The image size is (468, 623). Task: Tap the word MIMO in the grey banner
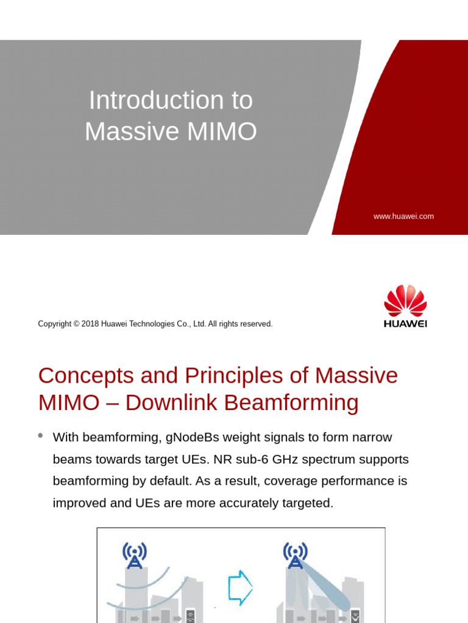pyautogui.click(x=225, y=131)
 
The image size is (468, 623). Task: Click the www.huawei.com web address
pyautogui.click(x=403, y=216)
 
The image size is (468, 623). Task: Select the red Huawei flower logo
pyautogui.click(x=405, y=301)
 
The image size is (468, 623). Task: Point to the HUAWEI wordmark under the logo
pyautogui.click(x=405, y=324)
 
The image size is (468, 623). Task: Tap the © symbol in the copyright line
pyautogui.click(x=77, y=324)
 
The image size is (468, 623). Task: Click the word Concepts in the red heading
pyautogui.click(x=87, y=375)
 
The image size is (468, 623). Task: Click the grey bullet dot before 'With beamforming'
pyautogui.click(x=41, y=436)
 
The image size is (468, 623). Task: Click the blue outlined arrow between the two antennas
pyautogui.click(x=239, y=587)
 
